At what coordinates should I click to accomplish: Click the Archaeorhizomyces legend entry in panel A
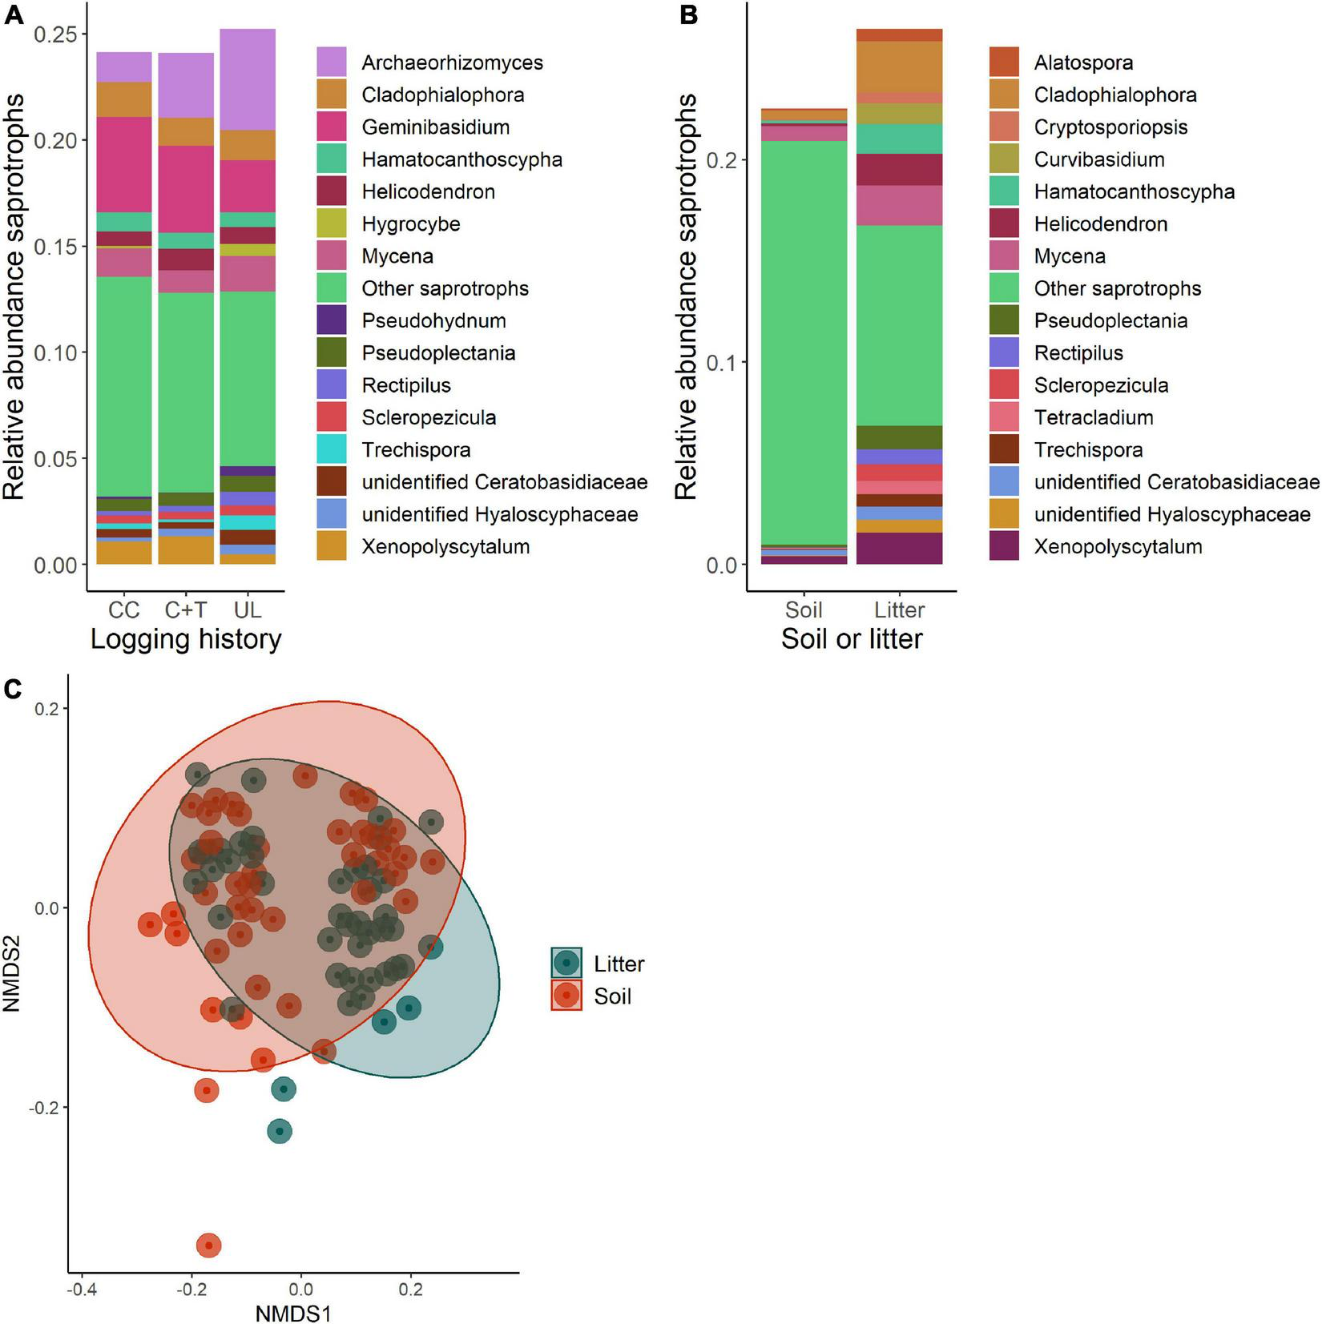pyautogui.click(x=452, y=62)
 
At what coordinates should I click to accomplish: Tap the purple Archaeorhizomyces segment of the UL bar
pyautogui.click(x=248, y=79)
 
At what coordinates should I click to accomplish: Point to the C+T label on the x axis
pyautogui.click(x=185, y=610)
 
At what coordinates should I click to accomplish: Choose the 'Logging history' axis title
pyautogui.click(x=186, y=639)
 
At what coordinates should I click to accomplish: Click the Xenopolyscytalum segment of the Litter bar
pyautogui.click(x=899, y=549)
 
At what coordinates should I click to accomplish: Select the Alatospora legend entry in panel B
pyautogui.click(x=1083, y=62)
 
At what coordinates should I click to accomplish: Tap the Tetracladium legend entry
pyautogui.click(x=1093, y=417)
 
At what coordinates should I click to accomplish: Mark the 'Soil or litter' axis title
pyautogui.click(x=852, y=639)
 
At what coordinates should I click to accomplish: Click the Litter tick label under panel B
pyautogui.click(x=899, y=610)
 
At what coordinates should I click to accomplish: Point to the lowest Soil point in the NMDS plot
pyautogui.click(x=209, y=1246)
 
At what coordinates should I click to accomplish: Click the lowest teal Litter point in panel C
pyautogui.click(x=279, y=1132)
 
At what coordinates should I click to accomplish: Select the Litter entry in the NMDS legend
pyautogui.click(x=619, y=964)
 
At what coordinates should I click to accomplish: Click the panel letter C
pyautogui.click(x=14, y=688)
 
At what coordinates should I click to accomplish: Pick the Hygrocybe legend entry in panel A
pyautogui.click(x=410, y=223)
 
